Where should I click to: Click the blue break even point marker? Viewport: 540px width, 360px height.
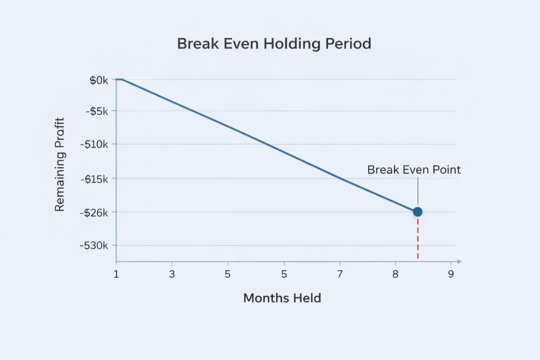pos(418,211)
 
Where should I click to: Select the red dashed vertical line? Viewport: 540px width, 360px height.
pos(418,238)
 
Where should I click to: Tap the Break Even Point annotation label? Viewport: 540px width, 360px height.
pos(414,170)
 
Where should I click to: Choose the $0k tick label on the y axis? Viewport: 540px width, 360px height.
pos(99,80)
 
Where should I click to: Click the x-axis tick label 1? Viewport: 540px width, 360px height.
pos(116,274)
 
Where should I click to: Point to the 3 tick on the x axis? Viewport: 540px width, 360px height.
pos(172,274)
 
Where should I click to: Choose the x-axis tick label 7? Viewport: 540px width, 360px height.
pos(340,274)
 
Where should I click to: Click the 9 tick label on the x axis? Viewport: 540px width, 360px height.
pos(450,274)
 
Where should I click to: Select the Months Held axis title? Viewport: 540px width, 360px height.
pos(282,298)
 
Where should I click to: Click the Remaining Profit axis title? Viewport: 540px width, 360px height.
pos(60,164)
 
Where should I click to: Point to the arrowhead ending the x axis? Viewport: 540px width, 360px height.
pos(459,261)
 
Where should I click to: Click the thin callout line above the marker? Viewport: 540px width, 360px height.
pos(418,191)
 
